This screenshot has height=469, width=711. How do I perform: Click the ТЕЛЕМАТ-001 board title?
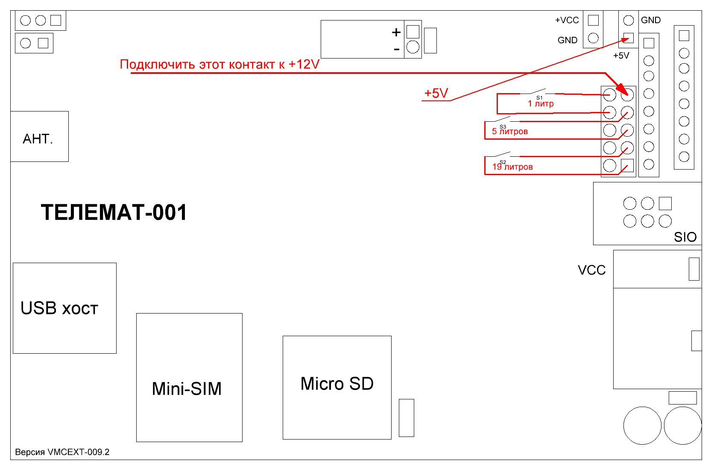point(114,213)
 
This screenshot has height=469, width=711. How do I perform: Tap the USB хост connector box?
point(64,308)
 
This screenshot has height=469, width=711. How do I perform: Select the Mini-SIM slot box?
point(189,377)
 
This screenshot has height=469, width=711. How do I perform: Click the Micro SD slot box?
point(337,387)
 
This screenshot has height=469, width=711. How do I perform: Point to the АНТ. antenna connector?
point(39,137)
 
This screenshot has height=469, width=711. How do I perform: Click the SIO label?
point(685,237)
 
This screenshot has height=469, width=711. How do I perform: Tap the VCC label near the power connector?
point(591,270)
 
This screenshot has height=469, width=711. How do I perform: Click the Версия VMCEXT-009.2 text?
point(62,452)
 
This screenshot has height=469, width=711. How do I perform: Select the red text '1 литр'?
point(541,104)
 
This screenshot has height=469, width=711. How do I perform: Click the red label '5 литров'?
point(510,132)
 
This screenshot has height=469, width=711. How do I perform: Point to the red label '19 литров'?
point(512,167)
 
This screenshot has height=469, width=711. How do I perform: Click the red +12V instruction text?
point(219,64)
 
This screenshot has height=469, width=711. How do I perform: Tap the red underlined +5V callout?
point(436,93)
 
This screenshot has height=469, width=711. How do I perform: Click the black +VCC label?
point(567,20)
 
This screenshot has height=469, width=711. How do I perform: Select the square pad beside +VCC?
point(593,20)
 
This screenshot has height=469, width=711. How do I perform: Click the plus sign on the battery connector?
point(396,32)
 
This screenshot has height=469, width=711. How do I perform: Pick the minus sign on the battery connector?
point(397,50)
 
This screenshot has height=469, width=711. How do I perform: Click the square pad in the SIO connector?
point(665,203)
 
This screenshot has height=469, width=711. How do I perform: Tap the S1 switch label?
point(539,98)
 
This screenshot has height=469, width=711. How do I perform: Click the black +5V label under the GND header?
point(621,56)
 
